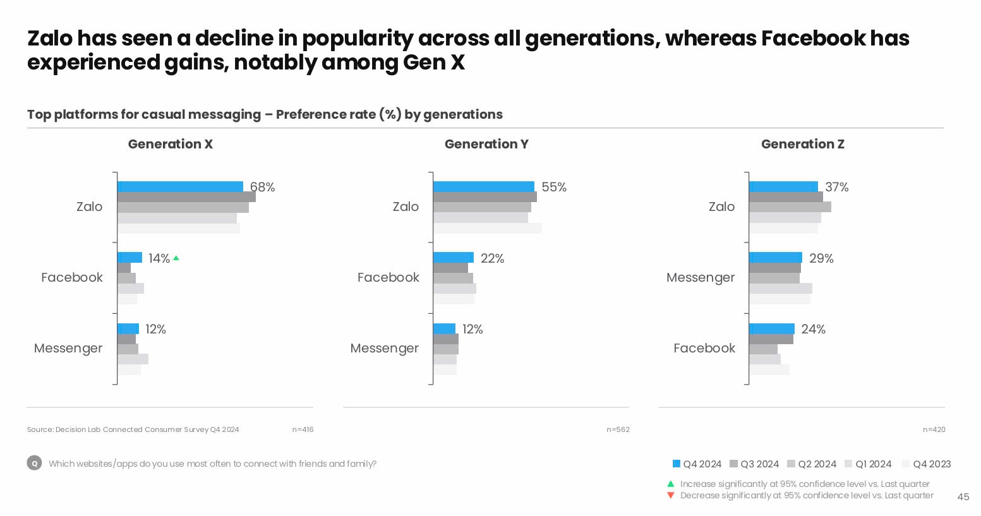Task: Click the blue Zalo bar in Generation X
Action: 180,187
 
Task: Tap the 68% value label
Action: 263,187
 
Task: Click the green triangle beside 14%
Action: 176,258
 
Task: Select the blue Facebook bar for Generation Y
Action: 453,258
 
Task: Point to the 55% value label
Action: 554,187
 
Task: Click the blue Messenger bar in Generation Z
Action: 775,258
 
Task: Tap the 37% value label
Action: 837,187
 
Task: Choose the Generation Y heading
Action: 486,144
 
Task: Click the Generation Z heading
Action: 802,144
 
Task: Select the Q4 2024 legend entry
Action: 697,464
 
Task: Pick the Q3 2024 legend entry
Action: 754,464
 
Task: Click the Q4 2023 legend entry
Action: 927,464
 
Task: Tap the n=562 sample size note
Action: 618,429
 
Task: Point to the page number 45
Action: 963,497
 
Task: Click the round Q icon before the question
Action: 35,464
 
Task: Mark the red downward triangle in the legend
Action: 671,495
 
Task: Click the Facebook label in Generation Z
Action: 704,348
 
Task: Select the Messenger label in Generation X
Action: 68,348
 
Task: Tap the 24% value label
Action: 813,329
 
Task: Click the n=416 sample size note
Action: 303,429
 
